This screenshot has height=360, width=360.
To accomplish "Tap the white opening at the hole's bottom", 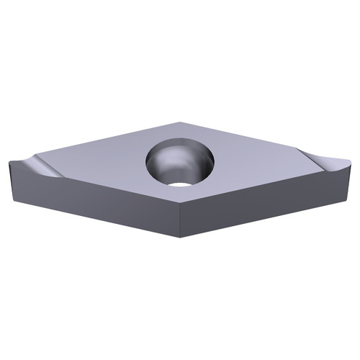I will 181,182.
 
